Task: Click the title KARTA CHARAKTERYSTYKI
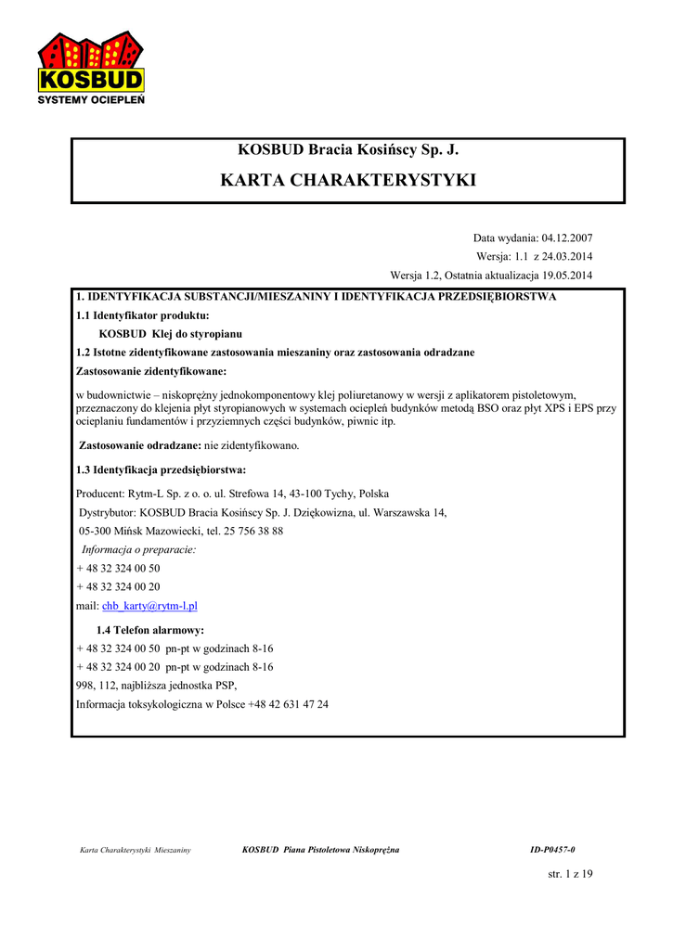tap(348, 180)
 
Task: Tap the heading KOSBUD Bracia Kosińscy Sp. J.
tap(348, 149)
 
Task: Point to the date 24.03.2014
tap(566, 256)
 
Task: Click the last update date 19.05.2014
tap(560, 276)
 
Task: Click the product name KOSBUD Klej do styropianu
tap(173, 334)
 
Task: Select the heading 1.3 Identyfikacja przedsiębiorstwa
tap(161, 469)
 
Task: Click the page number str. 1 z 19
tap(570, 873)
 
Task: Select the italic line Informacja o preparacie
tap(139, 549)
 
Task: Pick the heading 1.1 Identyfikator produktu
tap(142, 315)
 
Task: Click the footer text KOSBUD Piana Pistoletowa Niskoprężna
tap(320, 850)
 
